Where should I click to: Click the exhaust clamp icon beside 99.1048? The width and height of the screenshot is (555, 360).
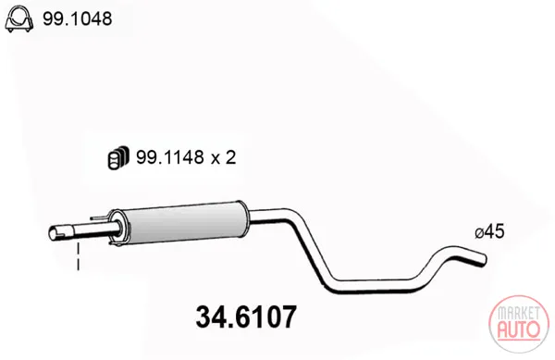point(18,19)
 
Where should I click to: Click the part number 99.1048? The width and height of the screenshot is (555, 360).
point(78,19)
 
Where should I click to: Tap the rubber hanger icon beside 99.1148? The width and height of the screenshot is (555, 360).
point(118,157)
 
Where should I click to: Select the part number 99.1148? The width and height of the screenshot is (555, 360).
point(170,156)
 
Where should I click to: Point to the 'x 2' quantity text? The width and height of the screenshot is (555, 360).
point(223,157)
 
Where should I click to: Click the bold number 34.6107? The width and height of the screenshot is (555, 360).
point(246,317)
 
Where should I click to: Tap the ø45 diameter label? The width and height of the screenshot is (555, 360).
point(489,232)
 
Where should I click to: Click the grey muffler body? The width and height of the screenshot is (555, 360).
point(183,224)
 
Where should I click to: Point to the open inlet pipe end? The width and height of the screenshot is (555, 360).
point(53,233)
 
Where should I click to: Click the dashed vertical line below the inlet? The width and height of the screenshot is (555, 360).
point(79,256)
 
